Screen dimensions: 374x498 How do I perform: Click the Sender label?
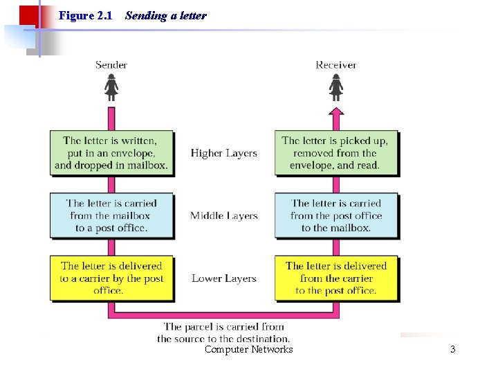(x=111, y=65)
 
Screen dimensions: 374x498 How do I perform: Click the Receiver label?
(x=336, y=65)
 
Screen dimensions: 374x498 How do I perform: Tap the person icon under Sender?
(x=111, y=88)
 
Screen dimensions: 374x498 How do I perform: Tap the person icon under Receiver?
(x=336, y=88)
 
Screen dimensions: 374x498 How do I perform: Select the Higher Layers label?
(x=224, y=153)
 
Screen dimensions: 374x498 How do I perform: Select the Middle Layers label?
(x=224, y=215)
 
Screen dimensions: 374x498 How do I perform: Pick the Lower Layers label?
(x=224, y=278)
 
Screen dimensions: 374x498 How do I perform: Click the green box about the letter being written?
(x=111, y=153)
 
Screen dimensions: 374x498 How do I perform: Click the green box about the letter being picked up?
(x=336, y=153)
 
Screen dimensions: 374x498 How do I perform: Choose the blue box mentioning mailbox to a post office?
(x=111, y=215)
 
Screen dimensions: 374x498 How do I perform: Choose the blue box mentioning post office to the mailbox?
(x=336, y=215)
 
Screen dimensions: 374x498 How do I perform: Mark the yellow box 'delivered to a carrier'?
(x=111, y=278)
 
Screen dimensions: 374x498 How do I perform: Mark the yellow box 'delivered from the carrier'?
(x=336, y=278)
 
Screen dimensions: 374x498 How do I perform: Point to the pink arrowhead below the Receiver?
(x=336, y=110)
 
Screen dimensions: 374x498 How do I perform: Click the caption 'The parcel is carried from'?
(x=223, y=326)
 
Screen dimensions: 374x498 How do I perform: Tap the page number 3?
(x=452, y=349)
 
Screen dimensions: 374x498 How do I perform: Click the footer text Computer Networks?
(x=248, y=349)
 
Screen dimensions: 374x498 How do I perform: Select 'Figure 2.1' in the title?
(x=86, y=15)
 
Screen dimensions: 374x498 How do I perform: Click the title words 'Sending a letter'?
(x=166, y=15)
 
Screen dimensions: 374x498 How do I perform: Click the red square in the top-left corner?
(x=28, y=15)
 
